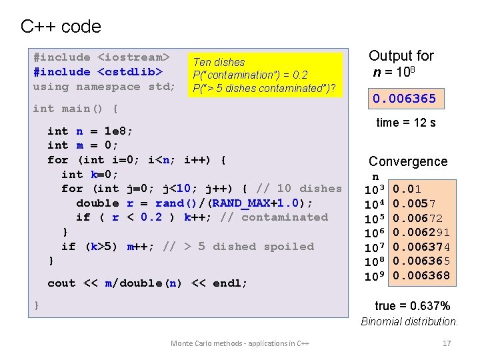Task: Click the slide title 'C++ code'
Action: [61, 27]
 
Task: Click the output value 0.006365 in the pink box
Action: [405, 99]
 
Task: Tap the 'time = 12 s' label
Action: [406, 123]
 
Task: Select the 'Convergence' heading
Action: [408, 161]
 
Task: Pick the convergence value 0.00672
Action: [417, 219]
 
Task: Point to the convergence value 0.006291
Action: [421, 233]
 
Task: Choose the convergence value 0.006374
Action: [421, 247]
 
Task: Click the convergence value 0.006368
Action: [421, 276]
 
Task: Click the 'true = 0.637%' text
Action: [413, 306]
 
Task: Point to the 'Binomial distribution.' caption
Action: [409, 321]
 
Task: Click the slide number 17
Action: [447, 343]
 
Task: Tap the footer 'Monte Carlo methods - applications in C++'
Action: [240, 343]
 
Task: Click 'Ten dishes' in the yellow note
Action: [219, 62]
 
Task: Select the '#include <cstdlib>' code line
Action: [98, 72]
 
